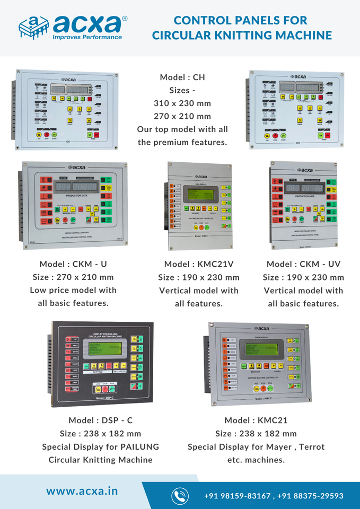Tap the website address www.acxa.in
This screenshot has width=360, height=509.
coord(82,490)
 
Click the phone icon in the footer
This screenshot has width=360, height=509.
coord(180,496)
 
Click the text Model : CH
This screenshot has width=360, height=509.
coord(182,77)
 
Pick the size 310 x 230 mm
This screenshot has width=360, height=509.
coord(182,103)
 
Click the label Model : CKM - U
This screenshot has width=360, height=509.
coord(76,264)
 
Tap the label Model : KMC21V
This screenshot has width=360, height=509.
coord(198,264)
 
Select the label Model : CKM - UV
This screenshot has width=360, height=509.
coord(303,264)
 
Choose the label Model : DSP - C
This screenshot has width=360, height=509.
coord(101,420)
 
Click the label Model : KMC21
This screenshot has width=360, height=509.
coord(256,420)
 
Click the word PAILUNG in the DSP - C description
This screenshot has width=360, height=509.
coord(139,446)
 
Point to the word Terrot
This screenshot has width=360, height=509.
coord(312,446)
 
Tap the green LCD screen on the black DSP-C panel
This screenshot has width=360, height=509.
coord(101,351)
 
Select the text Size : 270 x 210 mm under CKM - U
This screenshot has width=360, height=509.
coord(76,277)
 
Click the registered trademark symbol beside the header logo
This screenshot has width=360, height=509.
coord(125,18)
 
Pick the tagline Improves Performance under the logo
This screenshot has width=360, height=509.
coord(87,37)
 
